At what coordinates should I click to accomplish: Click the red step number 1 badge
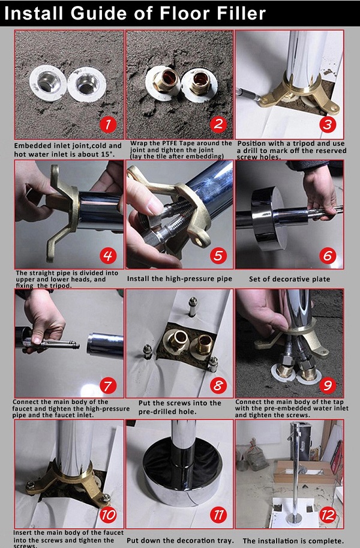click(x=108, y=124)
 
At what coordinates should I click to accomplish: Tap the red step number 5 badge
click(x=218, y=256)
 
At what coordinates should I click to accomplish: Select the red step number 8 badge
click(x=218, y=385)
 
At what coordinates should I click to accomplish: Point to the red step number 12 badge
click(x=328, y=515)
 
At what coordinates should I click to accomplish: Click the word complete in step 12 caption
click(x=325, y=541)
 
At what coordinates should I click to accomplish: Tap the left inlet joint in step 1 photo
click(x=48, y=83)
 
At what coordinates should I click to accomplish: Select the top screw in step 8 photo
click(x=193, y=307)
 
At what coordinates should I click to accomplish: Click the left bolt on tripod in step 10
click(x=31, y=485)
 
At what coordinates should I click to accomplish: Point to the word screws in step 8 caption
click(x=178, y=403)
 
